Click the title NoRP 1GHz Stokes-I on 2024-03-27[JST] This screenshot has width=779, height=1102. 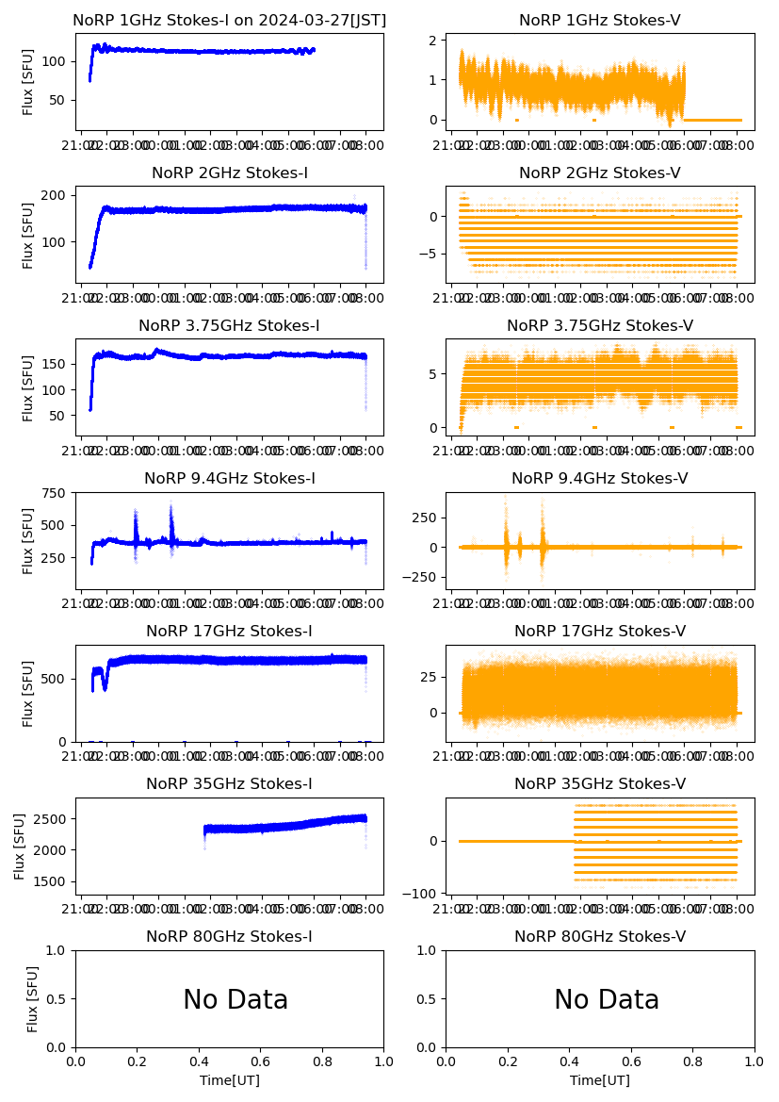tap(229, 20)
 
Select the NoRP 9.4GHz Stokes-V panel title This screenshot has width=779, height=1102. tap(600, 479)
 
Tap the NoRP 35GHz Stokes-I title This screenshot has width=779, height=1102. tap(229, 784)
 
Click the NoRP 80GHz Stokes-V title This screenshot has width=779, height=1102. tap(600, 937)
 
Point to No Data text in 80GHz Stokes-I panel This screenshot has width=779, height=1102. tap(235, 1000)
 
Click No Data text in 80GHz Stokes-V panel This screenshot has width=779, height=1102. tap(607, 1000)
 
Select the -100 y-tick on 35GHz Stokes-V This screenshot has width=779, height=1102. tap(426, 893)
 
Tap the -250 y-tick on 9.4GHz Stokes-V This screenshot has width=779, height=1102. tap(426, 577)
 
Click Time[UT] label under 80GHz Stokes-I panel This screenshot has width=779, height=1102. tap(229, 1080)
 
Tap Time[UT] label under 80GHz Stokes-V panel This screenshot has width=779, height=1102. tap(600, 1080)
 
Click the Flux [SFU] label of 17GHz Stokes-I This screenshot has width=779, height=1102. tap(28, 693)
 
